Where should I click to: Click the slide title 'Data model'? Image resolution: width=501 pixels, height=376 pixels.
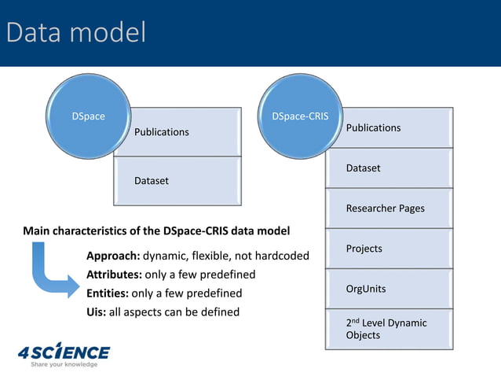[76, 32]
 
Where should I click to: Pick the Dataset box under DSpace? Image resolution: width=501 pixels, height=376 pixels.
[177, 181]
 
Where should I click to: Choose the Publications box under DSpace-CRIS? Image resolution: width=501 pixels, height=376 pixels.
[389, 127]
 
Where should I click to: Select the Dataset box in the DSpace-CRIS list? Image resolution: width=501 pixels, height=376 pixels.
[389, 168]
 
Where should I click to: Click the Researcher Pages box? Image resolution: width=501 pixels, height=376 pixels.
[389, 208]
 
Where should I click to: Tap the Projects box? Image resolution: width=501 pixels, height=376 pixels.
[389, 249]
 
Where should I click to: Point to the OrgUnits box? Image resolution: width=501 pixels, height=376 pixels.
[389, 289]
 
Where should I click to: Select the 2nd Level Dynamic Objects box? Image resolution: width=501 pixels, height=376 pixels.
[389, 329]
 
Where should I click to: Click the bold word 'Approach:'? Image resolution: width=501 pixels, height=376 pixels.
[113, 256]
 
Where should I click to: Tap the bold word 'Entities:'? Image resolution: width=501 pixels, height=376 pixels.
[108, 293]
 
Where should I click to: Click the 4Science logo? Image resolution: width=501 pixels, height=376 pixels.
[64, 351]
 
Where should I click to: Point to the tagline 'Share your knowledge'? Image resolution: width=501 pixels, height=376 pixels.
[64, 364]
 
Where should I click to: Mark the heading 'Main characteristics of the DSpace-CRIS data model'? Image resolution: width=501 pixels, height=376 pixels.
[156, 231]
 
